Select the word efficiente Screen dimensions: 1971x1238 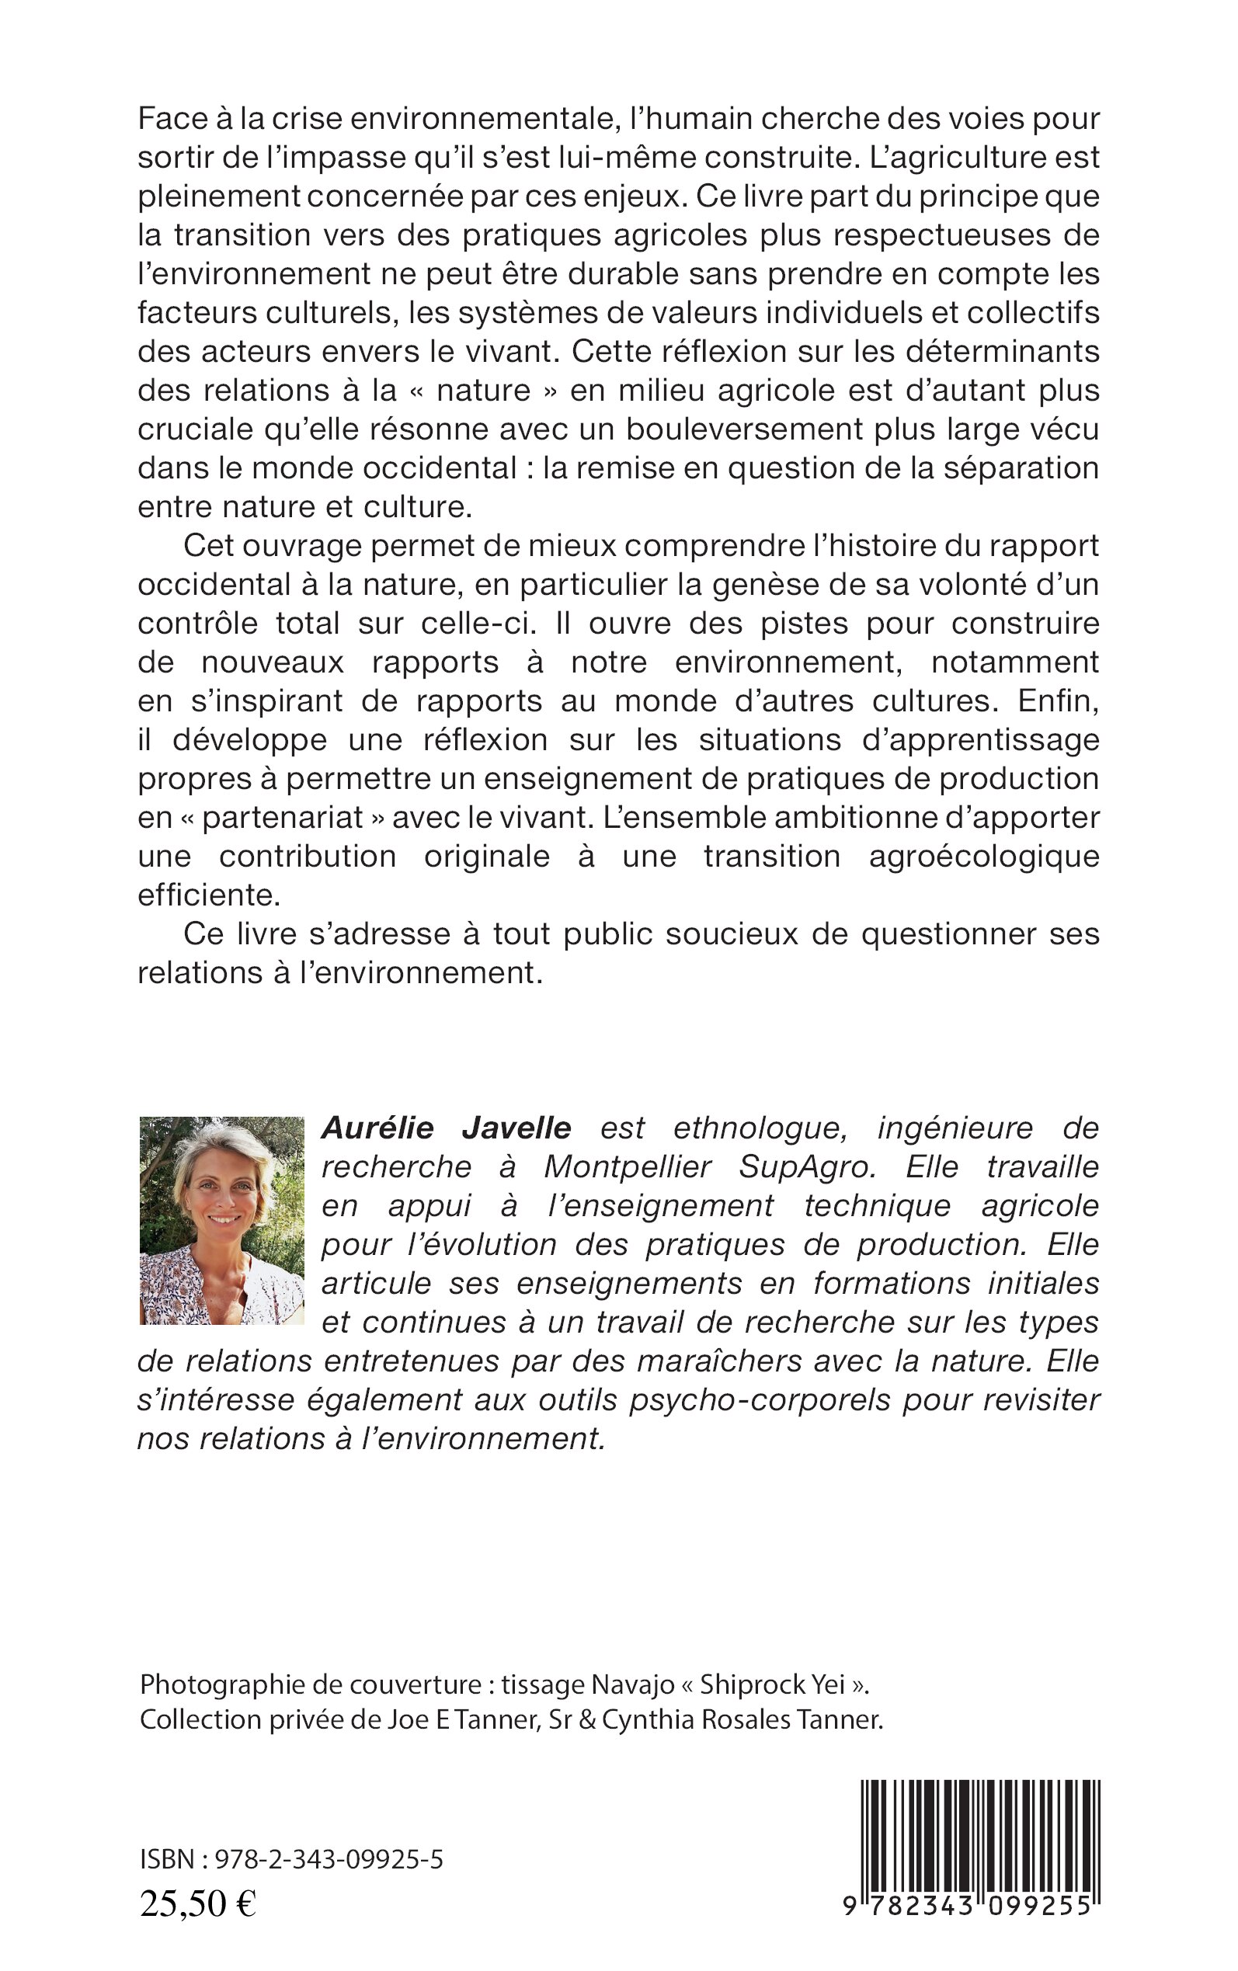click(x=209, y=895)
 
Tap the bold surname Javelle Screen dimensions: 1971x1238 click(x=516, y=1128)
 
